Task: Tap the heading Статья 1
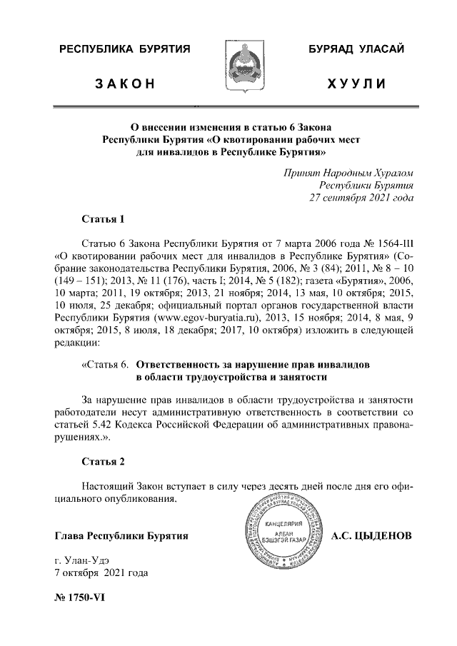(104, 218)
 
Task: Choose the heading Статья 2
(104, 461)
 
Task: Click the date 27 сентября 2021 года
(360, 198)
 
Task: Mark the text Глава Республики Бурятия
(121, 535)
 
